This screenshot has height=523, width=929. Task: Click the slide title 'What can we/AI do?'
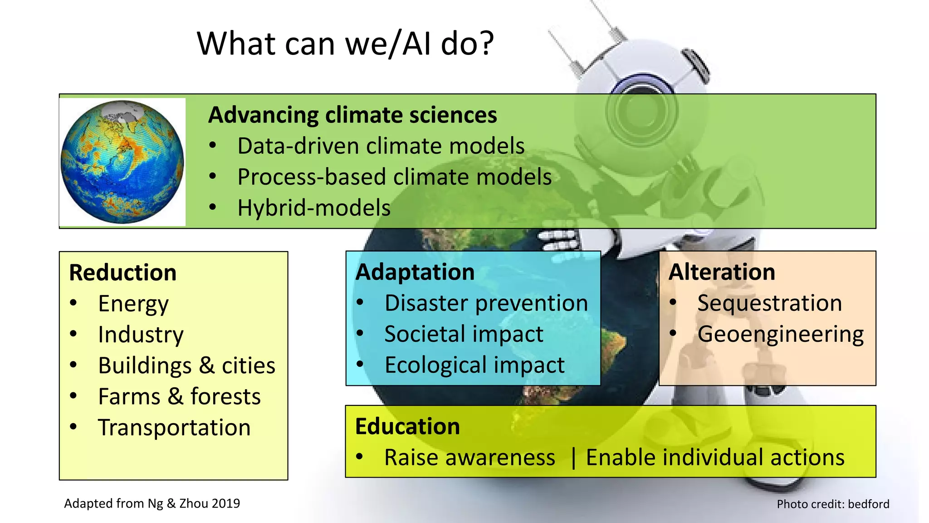click(345, 44)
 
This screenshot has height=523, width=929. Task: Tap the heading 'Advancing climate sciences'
click(352, 115)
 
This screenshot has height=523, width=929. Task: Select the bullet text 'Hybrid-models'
click(313, 208)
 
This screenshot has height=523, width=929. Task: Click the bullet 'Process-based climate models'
click(394, 177)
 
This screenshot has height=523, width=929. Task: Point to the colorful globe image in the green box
click(122, 162)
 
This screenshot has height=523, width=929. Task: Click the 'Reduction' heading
click(122, 273)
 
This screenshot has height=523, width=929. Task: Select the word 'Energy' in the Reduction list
click(133, 304)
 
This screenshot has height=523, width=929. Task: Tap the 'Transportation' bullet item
click(174, 428)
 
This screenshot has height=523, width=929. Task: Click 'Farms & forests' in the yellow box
click(179, 397)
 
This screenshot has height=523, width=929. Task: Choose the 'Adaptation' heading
click(415, 272)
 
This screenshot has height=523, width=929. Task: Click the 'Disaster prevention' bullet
click(486, 303)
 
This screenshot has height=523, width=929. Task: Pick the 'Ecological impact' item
click(474, 365)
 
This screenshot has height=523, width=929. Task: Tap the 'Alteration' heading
click(722, 272)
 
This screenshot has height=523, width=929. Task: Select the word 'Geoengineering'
click(780, 335)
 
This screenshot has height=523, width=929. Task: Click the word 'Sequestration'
click(769, 303)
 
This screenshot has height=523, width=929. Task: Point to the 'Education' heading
click(407, 427)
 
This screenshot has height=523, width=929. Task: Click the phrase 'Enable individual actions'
click(715, 458)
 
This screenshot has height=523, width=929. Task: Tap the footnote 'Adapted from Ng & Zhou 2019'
click(152, 503)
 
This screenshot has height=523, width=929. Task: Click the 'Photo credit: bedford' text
click(833, 504)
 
